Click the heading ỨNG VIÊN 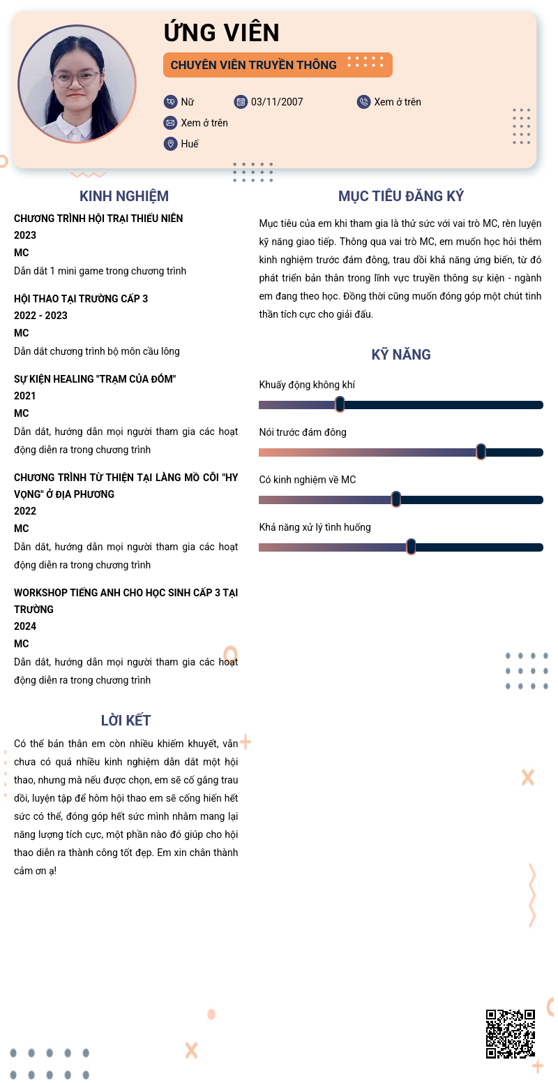coord(222,32)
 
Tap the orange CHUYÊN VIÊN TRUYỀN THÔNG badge coord(277,65)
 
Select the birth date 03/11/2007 coord(277,102)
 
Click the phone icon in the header coord(363,102)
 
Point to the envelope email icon coord(170,123)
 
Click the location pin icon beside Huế coord(170,144)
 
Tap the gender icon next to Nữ coord(170,102)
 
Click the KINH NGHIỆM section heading coord(124,196)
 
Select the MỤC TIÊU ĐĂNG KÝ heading coord(401,196)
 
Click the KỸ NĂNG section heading coord(401,355)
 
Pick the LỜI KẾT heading coord(126,721)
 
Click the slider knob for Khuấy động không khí coord(340,404)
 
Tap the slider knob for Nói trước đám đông coord(481,452)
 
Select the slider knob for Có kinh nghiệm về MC coord(396,499)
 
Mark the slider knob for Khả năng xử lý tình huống coord(411,547)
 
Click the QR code coord(510,1033)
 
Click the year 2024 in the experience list coord(25,626)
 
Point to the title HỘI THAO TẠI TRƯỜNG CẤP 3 coord(81,299)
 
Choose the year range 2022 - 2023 coord(40,316)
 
